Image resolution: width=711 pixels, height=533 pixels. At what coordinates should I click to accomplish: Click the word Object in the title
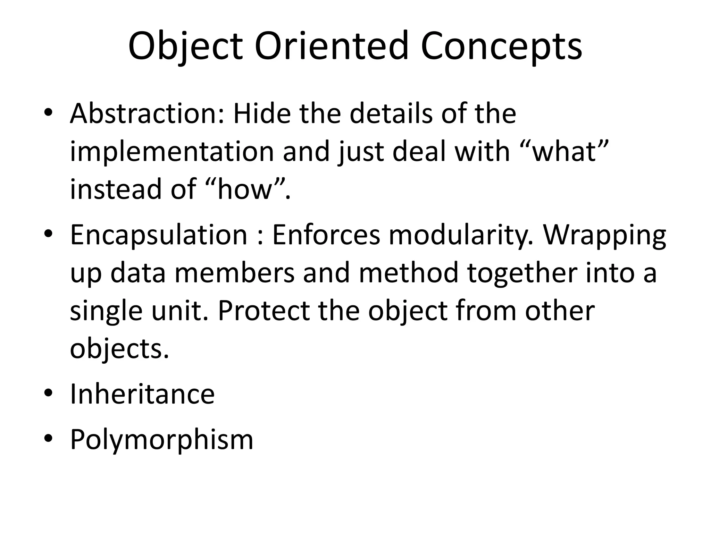(185, 46)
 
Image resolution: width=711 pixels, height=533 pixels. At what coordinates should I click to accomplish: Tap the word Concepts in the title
(501, 46)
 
